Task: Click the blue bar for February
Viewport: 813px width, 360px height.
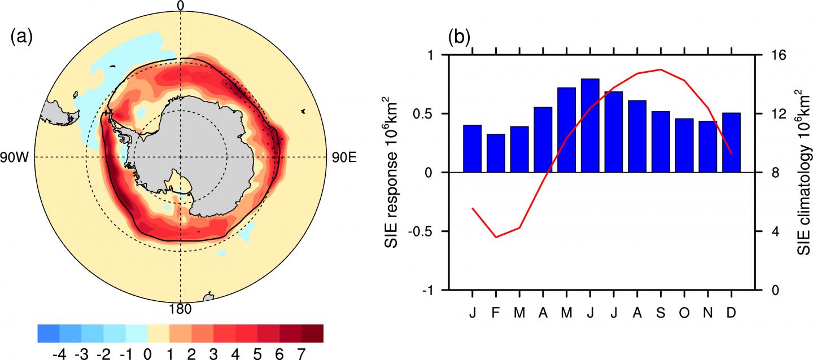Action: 496,153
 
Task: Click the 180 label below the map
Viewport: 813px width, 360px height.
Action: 180,309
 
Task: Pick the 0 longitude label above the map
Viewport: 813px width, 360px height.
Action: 180,6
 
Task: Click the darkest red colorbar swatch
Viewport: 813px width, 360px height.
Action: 312,333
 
